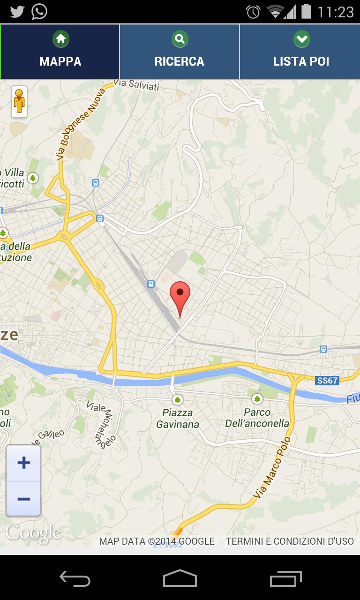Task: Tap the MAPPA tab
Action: (x=60, y=52)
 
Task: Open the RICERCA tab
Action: (x=180, y=52)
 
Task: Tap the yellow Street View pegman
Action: (x=19, y=101)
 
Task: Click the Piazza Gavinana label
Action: (x=178, y=419)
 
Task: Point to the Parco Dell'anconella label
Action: (x=257, y=418)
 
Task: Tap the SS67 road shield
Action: (x=327, y=381)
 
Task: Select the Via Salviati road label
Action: (x=136, y=84)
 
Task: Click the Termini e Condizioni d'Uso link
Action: (x=290, y=541)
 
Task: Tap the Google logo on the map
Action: (x=33, y=533)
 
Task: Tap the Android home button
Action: (x=180, y=578)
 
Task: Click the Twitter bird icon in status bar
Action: (x=17, y=11)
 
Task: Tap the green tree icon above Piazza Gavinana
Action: (x=177, y=400)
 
